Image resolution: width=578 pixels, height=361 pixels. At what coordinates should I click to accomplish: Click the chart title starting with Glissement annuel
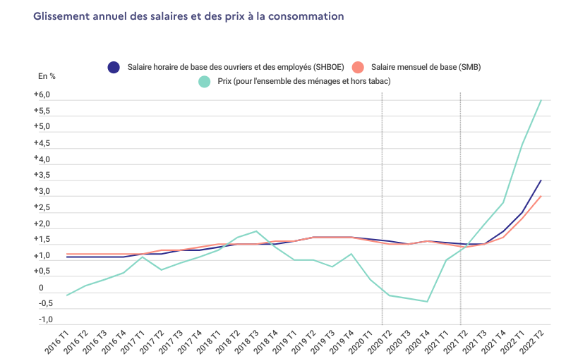[188, 16]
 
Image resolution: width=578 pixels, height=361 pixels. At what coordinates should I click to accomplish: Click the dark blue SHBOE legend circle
[114, 67]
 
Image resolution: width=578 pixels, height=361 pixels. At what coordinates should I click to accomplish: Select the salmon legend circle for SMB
[359, 67]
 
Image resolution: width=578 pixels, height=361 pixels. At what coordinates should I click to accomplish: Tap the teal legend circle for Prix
[205, 82]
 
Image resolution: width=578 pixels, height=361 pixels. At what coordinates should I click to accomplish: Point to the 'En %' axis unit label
[47, 76]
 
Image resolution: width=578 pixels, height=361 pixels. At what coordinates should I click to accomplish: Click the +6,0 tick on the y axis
[42, 95]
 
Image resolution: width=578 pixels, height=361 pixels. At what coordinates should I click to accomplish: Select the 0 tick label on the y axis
[41, 288]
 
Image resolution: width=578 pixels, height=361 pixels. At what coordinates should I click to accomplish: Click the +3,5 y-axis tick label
[42, 176]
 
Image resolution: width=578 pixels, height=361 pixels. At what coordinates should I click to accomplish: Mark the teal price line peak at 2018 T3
[255, 231]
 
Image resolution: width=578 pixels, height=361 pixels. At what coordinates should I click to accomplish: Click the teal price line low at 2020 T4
[428, 302]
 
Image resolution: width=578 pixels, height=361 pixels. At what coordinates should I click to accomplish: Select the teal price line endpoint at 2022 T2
[541, 100]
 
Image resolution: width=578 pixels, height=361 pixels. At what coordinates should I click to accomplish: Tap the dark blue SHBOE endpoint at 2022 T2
[541, 180]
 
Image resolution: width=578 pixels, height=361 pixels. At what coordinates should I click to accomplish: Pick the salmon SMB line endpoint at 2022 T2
[541, 197]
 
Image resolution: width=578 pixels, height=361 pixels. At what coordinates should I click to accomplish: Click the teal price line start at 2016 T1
[66, 295]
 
